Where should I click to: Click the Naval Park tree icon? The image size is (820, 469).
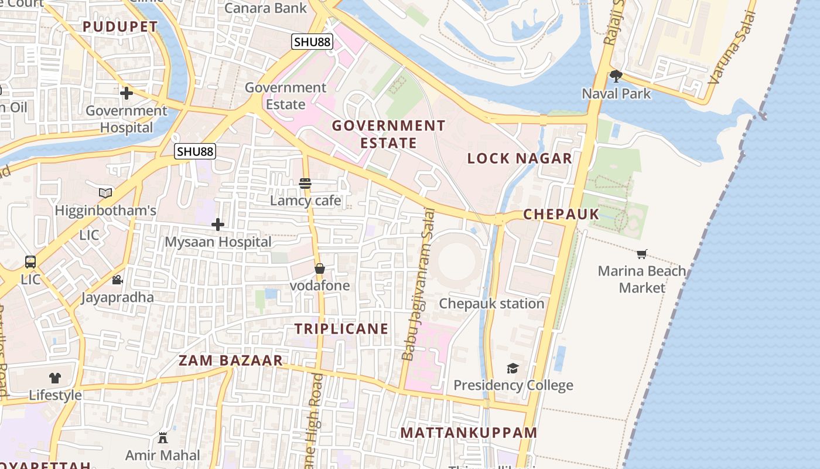point(616,76)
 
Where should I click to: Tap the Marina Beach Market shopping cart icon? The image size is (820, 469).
point(642,254)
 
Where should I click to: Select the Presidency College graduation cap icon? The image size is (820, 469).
point(512,368)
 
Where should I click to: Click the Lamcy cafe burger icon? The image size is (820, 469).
point(305,183)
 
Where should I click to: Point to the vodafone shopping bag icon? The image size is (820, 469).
point(320,269)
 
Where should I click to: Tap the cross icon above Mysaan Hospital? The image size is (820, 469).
point(218,225)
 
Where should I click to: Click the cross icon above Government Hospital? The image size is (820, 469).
point(126,93)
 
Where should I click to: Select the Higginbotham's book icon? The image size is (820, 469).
point(105,193)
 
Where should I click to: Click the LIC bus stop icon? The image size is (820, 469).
point(30,262)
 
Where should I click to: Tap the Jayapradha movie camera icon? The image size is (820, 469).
point(117,280)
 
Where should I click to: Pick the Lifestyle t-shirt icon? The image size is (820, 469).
point(54,378)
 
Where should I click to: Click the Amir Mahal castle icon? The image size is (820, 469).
point(163,438)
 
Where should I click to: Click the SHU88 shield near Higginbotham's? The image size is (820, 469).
point(195,151)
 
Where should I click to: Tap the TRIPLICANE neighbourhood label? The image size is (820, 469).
point(341,329)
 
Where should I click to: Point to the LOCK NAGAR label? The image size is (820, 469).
point(520,158)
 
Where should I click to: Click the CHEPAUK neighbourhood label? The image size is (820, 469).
point(561,215)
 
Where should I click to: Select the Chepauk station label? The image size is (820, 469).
point(491,304)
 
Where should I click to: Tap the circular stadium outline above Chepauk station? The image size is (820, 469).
point(457,258)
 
